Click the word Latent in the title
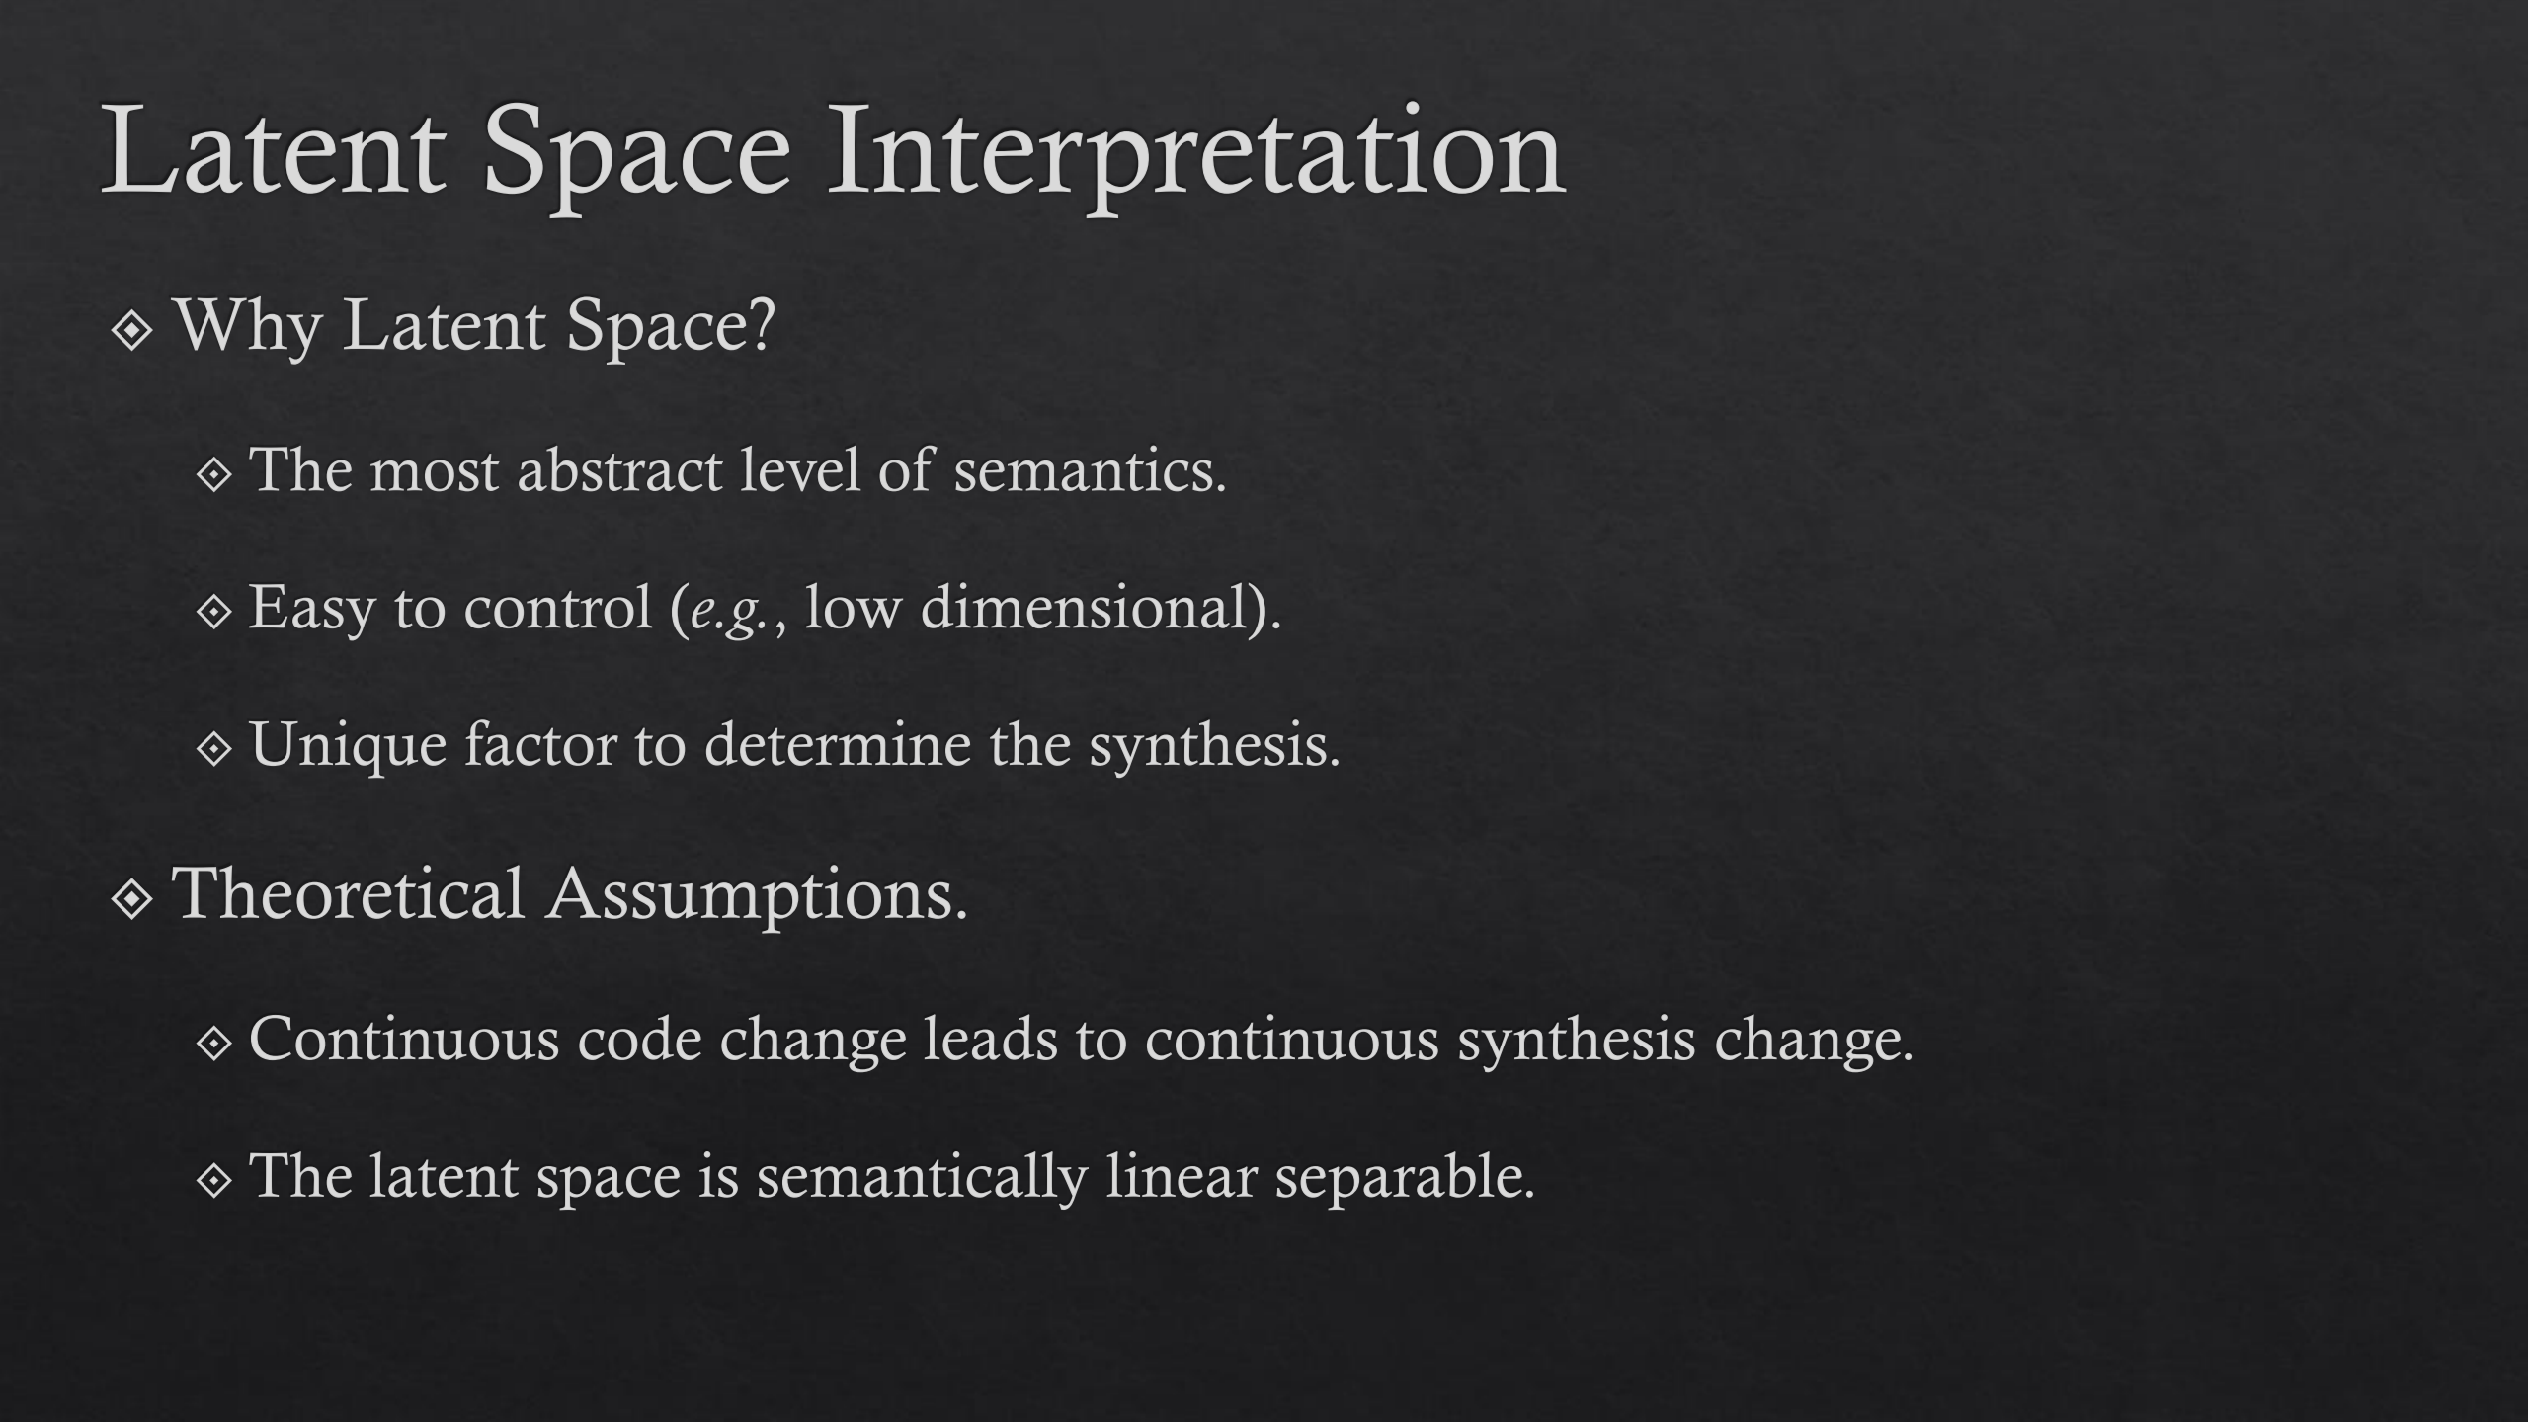tap(273, 151)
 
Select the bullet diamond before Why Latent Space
tap(132, 331)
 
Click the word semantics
tap(1090, 471)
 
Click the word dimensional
tap(1086, 606)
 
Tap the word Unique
tap(349, 746)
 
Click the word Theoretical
tap(349, 893)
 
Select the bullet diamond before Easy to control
tap(213, 613)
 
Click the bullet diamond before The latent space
tap(213, 1180)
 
